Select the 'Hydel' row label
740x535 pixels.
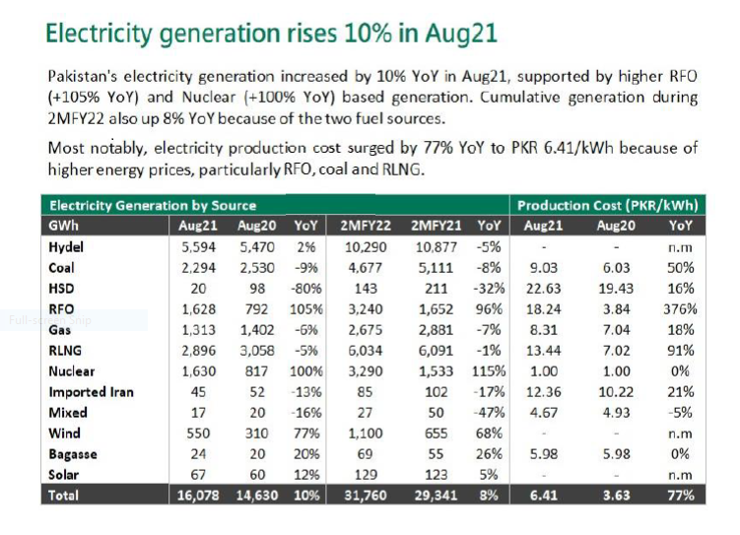point(67,246)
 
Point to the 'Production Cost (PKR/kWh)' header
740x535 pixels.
point(607,206)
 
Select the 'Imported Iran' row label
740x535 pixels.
point(91,392)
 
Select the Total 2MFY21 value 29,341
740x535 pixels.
point(432,496)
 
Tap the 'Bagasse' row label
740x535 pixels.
point(74,454)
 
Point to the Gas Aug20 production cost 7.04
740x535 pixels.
point(612,330)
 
